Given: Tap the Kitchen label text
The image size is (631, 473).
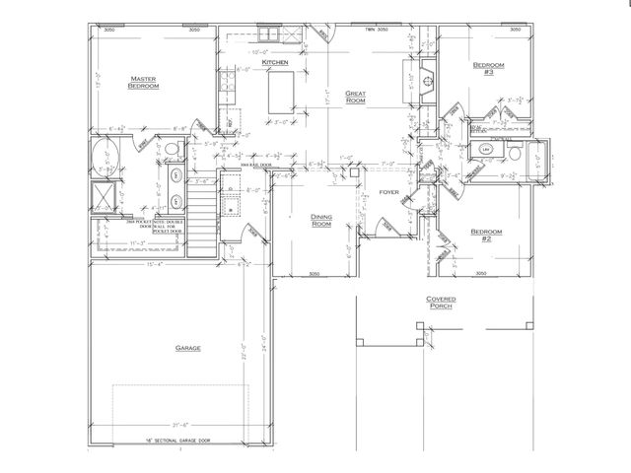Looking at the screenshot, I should pos(275,64).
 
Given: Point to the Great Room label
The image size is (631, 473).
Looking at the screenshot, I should pos(356,98).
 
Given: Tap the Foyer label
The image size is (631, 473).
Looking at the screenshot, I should pos(388,192).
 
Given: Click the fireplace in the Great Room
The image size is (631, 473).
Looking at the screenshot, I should pos(427,89).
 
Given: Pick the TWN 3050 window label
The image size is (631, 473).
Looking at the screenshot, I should pos(377,31).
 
